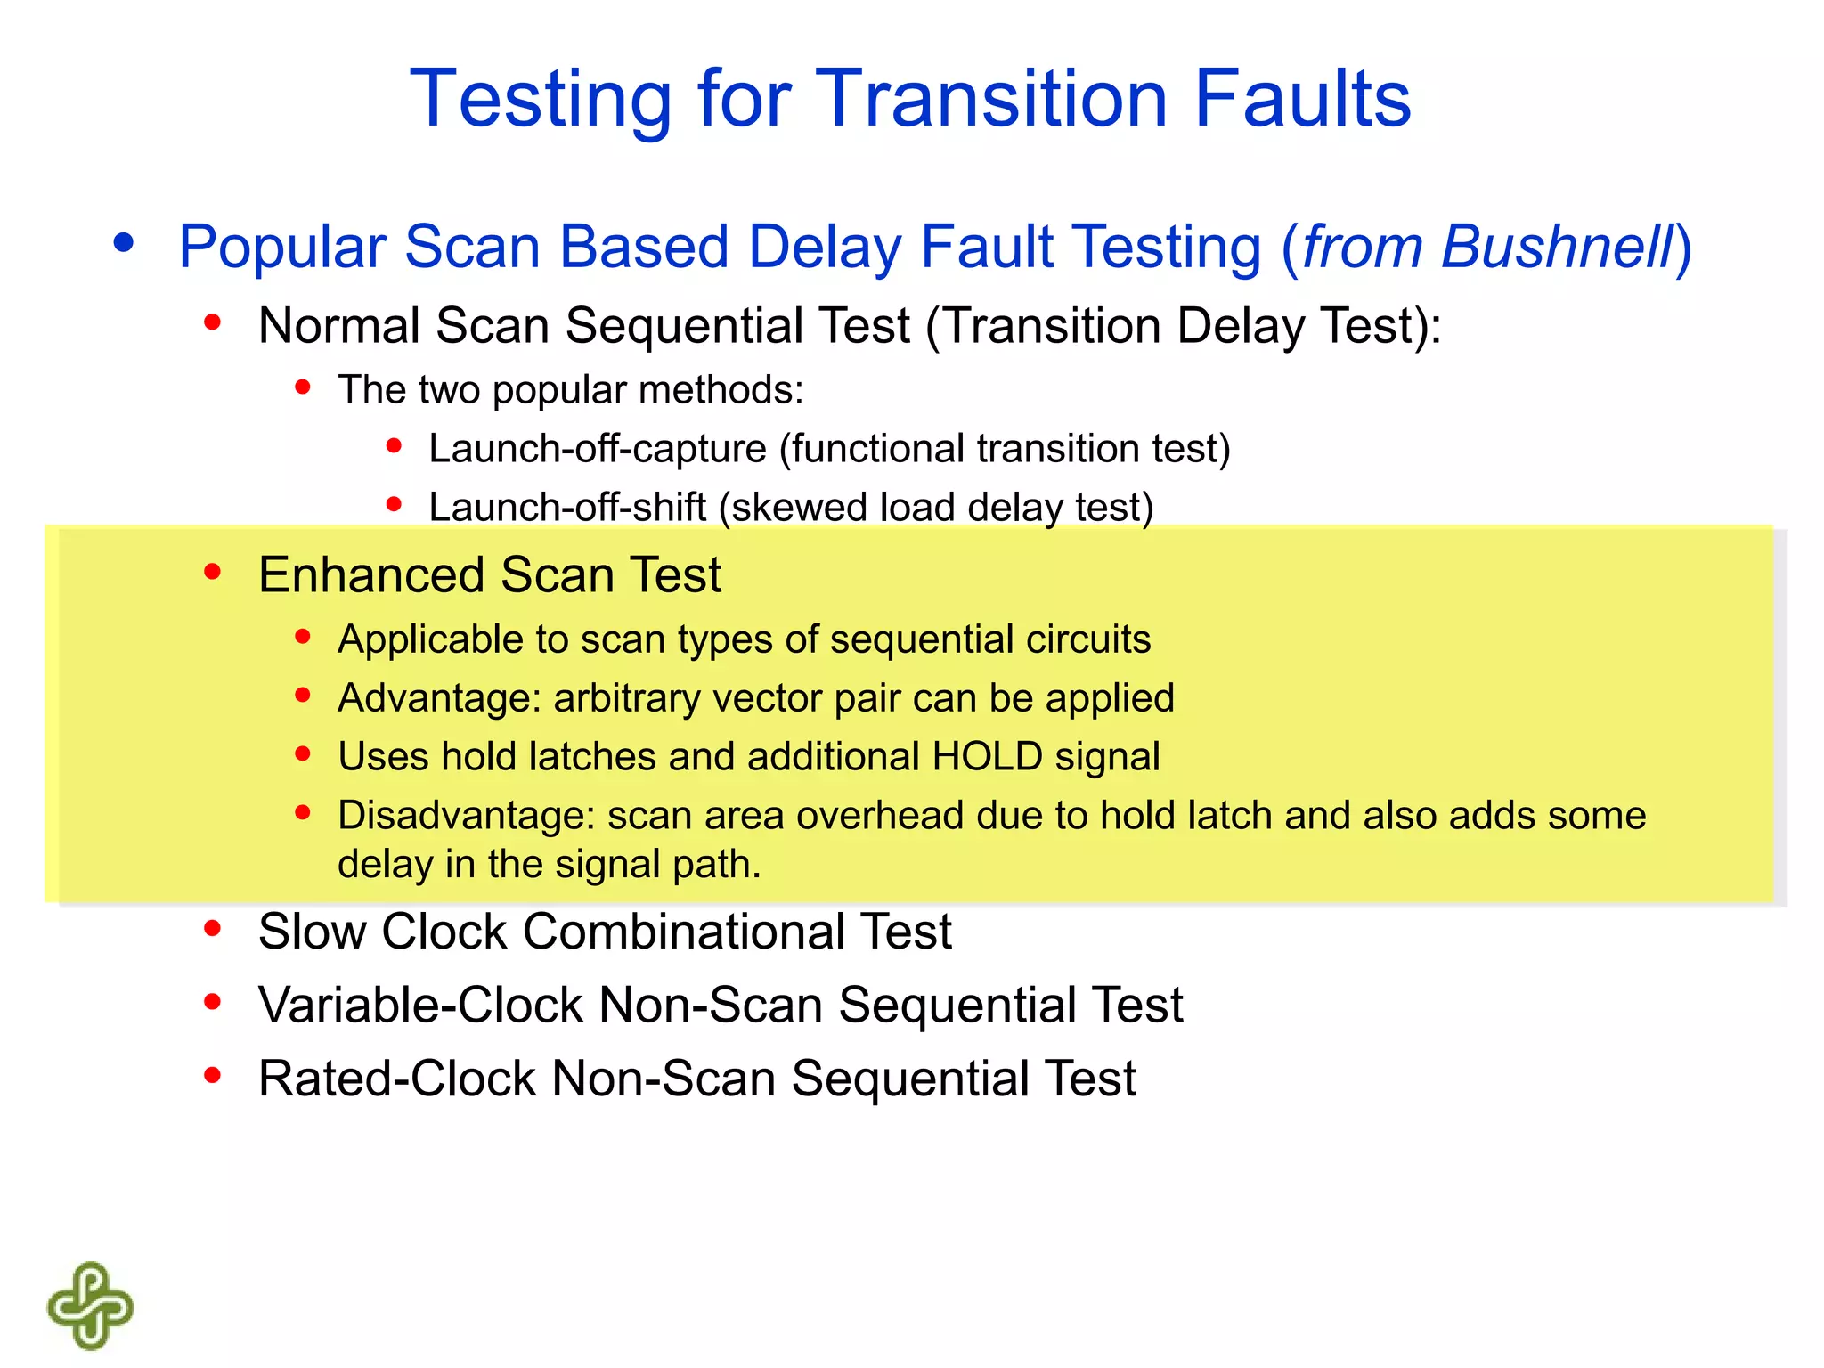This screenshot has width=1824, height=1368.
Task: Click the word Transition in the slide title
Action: pyautogui.click(x=990, y=100)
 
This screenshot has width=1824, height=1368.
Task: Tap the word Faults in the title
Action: pyautogui.click(x=1302, y=100)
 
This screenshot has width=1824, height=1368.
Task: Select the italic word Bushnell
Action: pyautogui.click(x=1558, y=247)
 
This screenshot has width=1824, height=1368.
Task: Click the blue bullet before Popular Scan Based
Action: pyautogui.click(x=124, y=242)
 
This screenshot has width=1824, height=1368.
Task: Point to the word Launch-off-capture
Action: pyautogui.click(x=597, y=449)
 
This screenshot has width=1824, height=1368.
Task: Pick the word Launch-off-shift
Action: pyautogui.click(x=567, y=508)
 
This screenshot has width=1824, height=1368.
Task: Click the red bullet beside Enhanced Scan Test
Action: pyautogui.click(x=212, y=572)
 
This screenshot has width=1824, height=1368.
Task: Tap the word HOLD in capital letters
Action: pyautogui.click(x=987, y=757)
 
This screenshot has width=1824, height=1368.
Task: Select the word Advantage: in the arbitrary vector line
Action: pyautogui.click(x=439, y=698)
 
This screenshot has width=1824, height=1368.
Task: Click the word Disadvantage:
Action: pyautogui.click(x=466, y=816)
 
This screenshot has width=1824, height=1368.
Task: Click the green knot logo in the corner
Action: pyautogui.click(x=90, y=1306)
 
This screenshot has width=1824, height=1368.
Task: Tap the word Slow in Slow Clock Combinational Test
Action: pyautogui.click(x=312, y=932)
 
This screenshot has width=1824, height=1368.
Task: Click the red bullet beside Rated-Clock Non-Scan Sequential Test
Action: pyautogui.click(x=212, y=1076)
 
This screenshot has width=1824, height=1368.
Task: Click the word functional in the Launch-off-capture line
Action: pyautogui.click(x=876, y=449)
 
